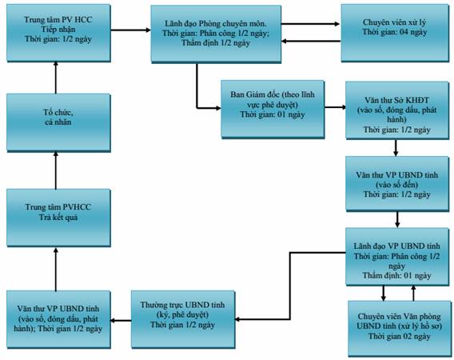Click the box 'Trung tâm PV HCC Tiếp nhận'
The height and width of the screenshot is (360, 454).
coord(58,33)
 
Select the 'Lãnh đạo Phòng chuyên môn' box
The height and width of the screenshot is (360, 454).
coord(216,34)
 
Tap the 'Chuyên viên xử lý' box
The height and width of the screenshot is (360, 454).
coord(395,33)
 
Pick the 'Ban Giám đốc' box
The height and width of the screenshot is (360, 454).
coord(273,109)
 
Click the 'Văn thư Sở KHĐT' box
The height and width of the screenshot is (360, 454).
coord(397,110)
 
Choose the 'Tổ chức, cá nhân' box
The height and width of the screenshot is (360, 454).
coord(58,122)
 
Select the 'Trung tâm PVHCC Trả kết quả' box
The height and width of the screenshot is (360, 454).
coord(58,218)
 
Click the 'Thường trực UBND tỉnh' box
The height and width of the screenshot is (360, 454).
coord(183,319)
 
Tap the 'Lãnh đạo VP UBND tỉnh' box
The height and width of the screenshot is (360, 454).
coord(397,257)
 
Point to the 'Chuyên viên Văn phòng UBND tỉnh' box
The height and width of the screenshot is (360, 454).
coord(400,329)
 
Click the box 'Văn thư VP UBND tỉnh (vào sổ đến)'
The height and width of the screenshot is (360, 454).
coord(397,184)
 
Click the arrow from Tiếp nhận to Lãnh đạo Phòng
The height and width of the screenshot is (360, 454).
coord(130,30)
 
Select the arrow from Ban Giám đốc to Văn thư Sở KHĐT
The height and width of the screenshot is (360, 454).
coord(335,107)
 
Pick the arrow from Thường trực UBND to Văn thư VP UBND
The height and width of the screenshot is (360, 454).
coord(121,320)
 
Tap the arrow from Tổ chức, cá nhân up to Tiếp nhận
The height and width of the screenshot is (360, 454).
coord(56,78)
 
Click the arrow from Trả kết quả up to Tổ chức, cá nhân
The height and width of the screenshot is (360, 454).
coord(56,170)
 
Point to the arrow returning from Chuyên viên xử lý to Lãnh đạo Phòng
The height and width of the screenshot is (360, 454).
coord(311,41)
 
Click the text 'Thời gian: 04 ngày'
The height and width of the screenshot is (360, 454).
coord(395,32)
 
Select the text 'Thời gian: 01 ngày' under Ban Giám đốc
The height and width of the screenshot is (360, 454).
coord(273,114)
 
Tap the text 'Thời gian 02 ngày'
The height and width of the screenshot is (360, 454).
coord(400,336)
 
